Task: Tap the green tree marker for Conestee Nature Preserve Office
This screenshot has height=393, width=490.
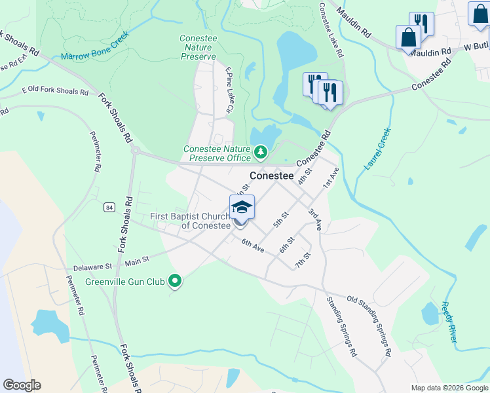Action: coord(261,153)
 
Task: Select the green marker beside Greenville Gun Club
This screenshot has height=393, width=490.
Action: coord(174,282)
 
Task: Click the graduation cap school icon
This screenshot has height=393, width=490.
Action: coord(242,208)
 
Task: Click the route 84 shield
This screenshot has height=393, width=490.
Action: coord(109,207)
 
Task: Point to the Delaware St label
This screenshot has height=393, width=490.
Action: coord(92,267)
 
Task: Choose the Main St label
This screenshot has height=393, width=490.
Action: coord(137,261)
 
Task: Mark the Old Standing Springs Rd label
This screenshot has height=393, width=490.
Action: coord(369,326)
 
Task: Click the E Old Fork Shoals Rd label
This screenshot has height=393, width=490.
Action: coord(55,91)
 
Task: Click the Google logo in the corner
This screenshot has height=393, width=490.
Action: coord(22,385)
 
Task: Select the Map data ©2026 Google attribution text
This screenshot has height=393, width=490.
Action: coord(449,388)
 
